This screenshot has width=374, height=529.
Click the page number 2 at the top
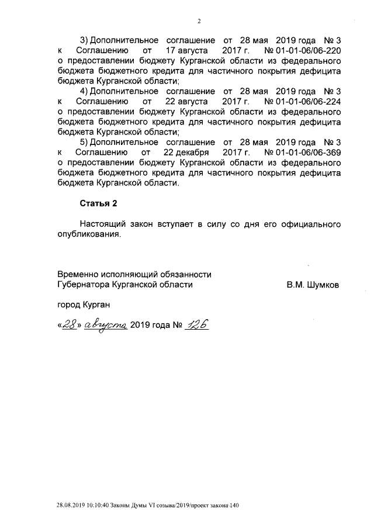point(199,22)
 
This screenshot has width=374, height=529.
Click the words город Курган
point(83,305)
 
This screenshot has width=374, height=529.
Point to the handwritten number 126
point(196,324)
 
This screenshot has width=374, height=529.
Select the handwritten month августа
point(106,324)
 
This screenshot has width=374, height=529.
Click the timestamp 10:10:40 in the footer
point(96,504)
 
